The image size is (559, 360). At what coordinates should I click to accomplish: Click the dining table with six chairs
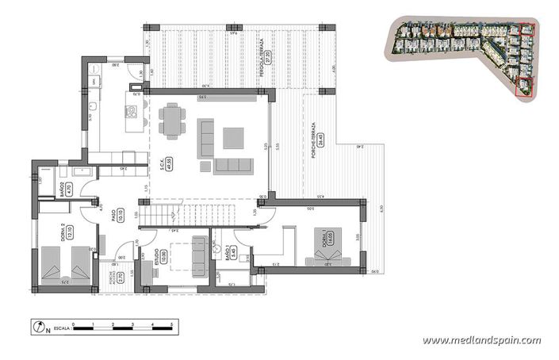click(173, 121)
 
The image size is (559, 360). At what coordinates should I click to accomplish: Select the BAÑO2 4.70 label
click(69, 189)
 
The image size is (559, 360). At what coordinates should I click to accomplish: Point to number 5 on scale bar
click(172, 324)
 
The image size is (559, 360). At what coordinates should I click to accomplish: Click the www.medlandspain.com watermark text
click(481, 340)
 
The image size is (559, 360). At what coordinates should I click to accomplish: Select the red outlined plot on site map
click(525, 87)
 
